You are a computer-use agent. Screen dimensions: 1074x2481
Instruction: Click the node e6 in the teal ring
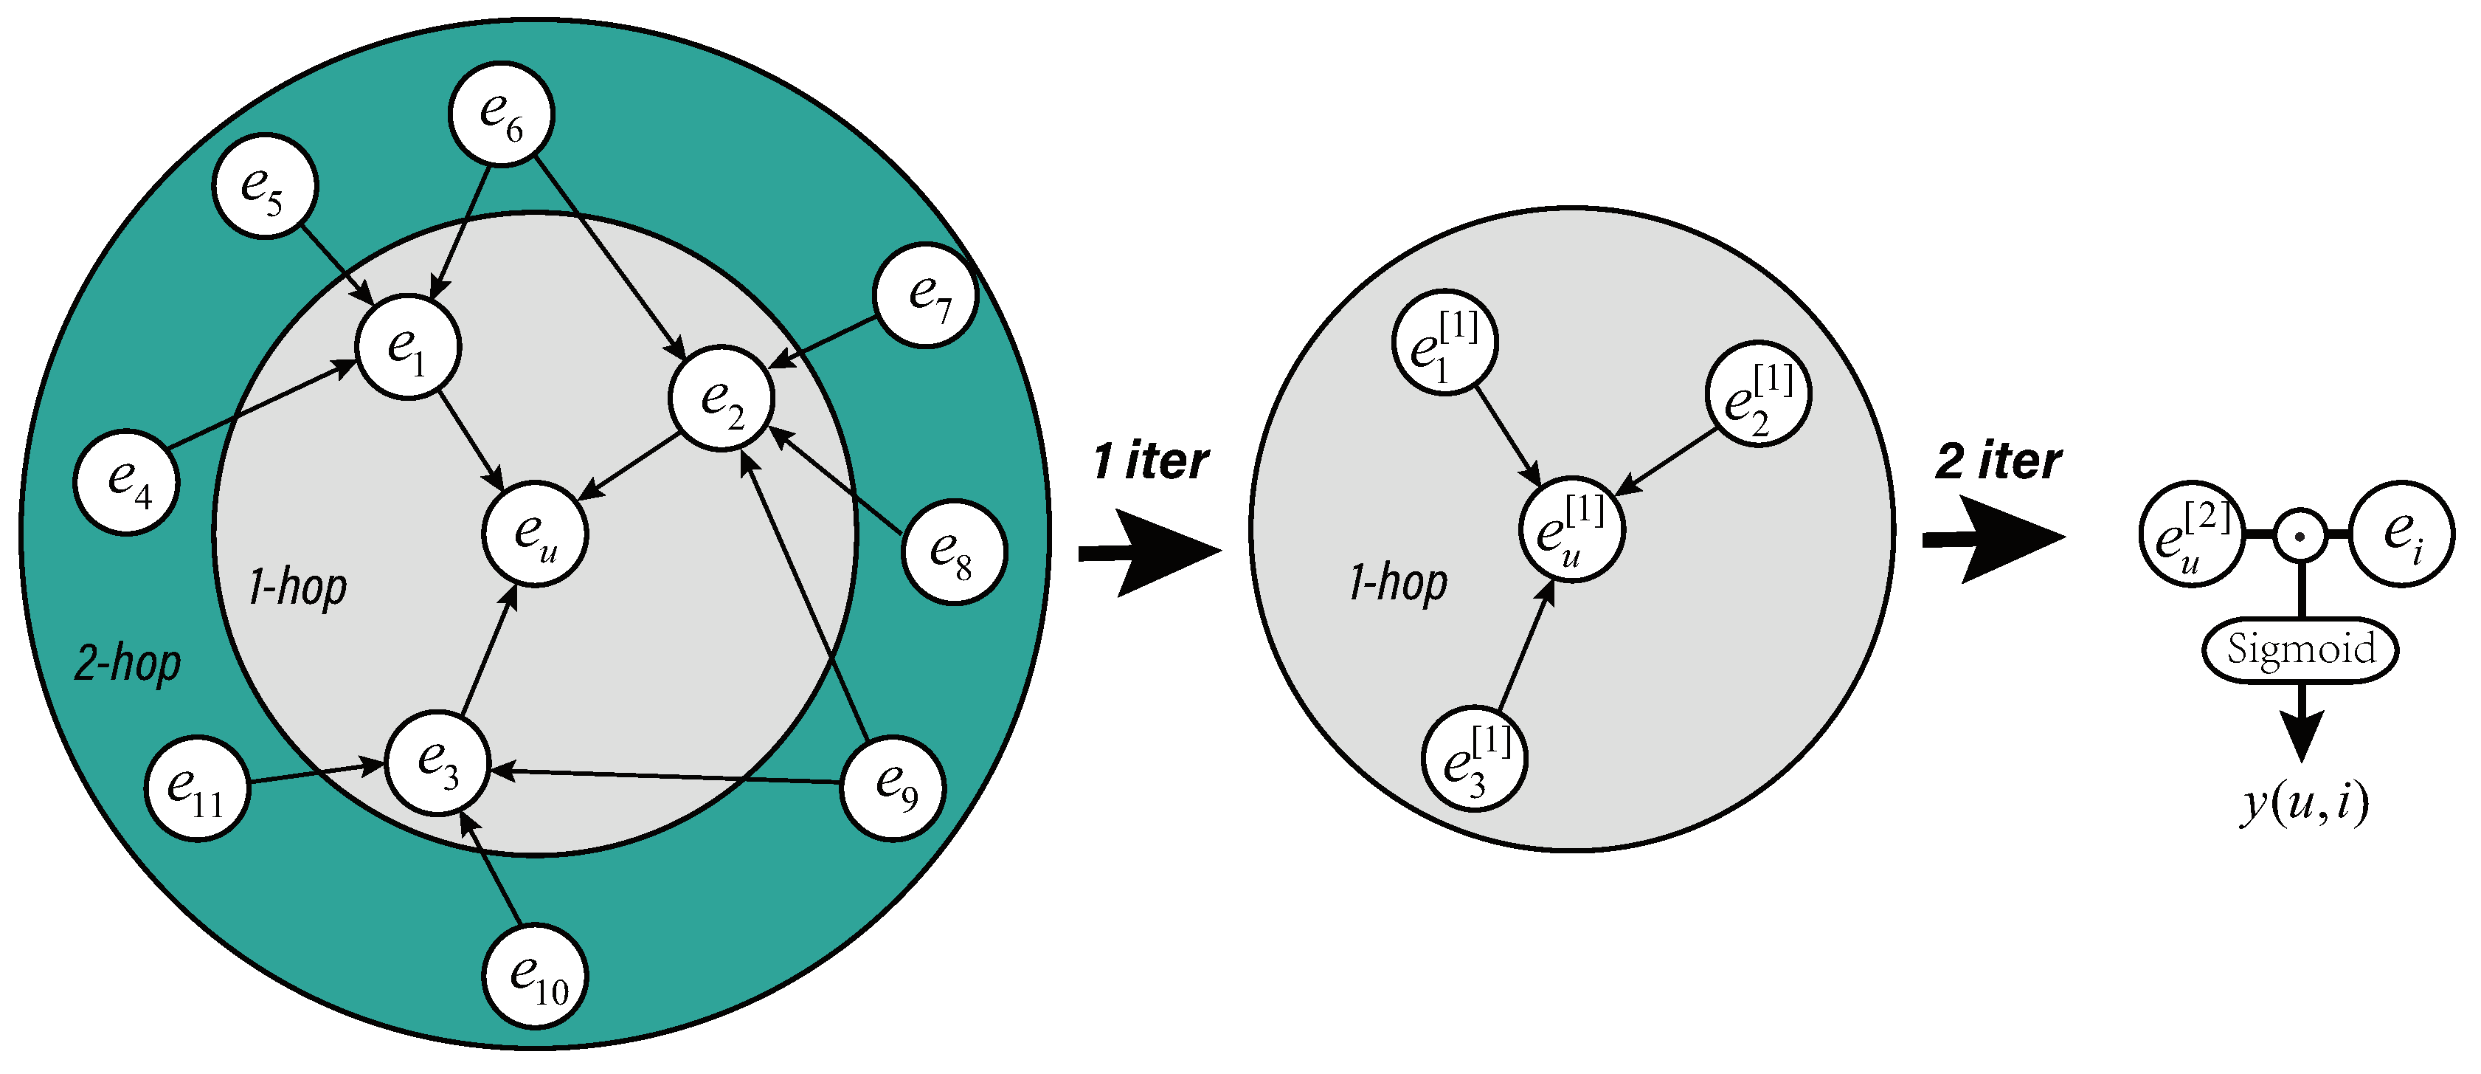click(x=501, y=114)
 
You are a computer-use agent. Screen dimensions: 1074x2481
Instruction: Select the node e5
click(x=264, y=186)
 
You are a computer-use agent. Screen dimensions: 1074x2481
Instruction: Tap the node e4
click(x=126, y=481)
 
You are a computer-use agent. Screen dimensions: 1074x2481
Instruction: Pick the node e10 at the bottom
click(x=535, y=977)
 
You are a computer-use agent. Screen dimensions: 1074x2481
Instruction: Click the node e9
click(x=893, y=788)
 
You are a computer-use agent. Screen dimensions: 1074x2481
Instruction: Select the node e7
click(x=926, y=295)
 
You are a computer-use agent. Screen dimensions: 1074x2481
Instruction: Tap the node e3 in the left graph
click(x=437, y=763)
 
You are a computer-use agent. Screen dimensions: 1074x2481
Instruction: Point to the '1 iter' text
click(x=1150, y=461)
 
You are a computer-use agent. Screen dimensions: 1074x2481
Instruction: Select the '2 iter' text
click(x=1999, y=461)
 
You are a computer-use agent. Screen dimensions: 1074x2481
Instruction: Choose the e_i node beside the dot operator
click(x=2402, y=534)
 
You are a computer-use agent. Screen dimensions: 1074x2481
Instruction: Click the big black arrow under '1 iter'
click(x=1152, y=553)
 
